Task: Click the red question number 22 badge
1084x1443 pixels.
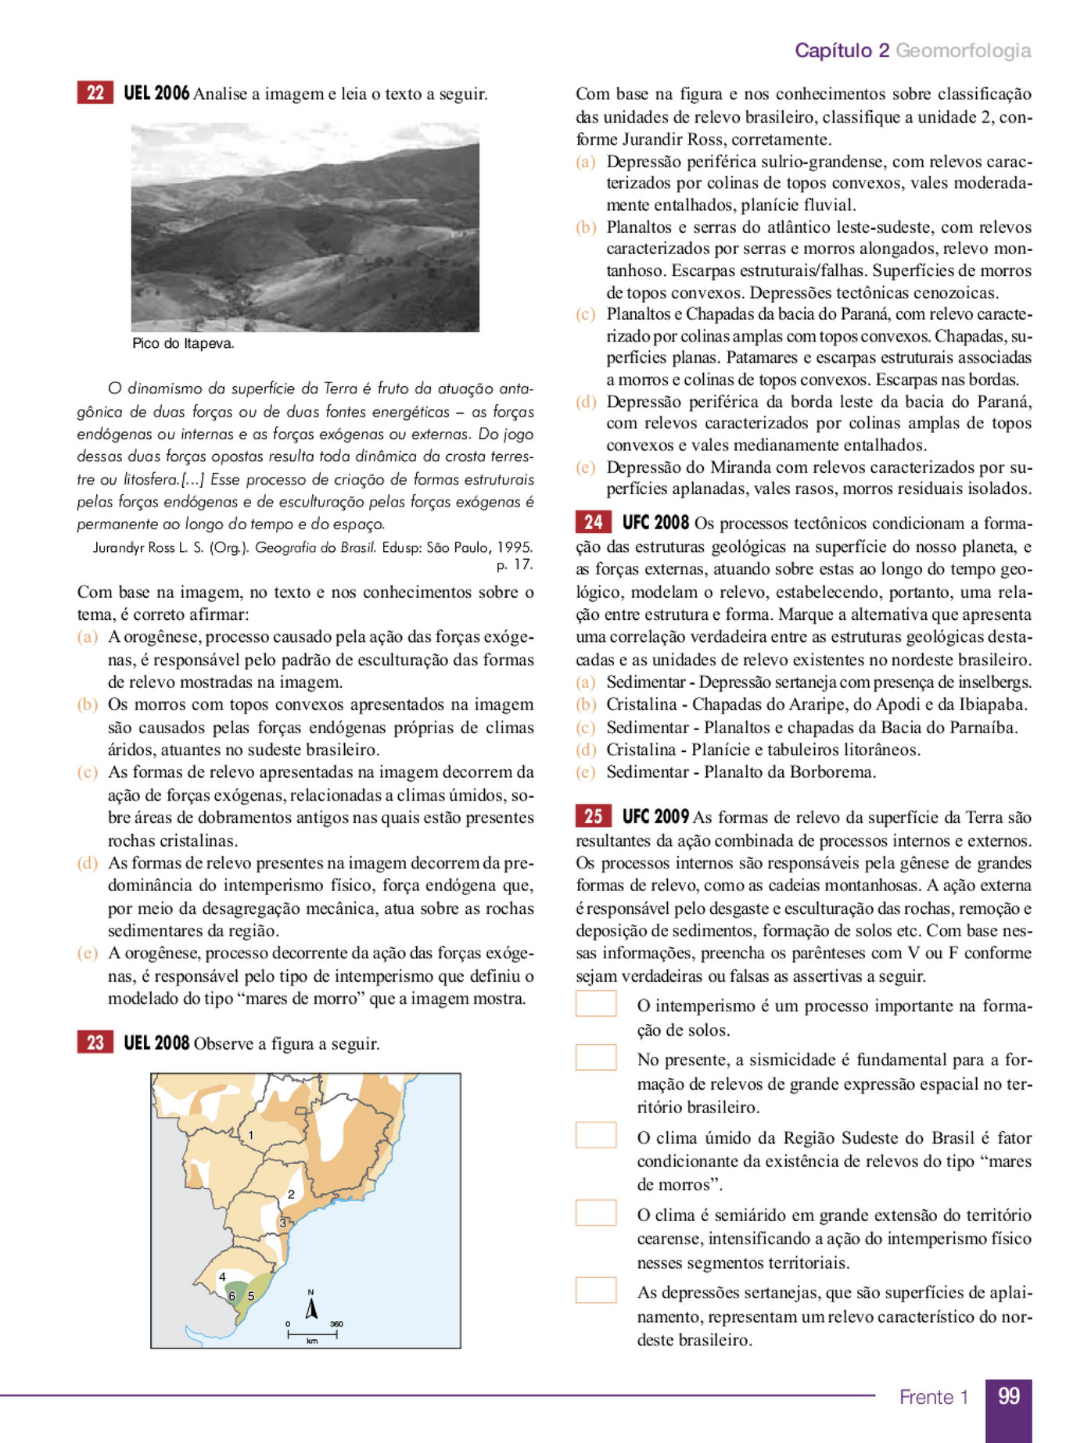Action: tap(95, 93)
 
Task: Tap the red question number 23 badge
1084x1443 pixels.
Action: tap(95, 1043)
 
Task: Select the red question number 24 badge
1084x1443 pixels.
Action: tap(593, 522)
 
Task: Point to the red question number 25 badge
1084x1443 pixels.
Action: tap(593, 816)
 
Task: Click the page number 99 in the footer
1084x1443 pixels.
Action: tap(1008, 1397)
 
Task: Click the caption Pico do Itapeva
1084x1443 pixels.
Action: tap(183, 344)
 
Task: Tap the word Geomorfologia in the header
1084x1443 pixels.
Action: tap(963, 51)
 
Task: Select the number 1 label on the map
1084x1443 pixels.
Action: tap(250, 1135)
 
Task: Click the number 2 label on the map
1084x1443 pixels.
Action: tap(291, 1194)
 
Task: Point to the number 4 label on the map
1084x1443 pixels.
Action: tap(222, 1276)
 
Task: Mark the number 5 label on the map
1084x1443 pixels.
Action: tap(251, 1295)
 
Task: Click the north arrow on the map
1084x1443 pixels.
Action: tap(311, 1307)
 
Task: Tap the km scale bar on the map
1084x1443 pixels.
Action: tap(312, 1334)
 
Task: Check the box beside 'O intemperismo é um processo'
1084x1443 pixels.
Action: tap(596, 1004)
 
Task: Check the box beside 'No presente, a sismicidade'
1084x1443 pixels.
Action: tap(596, 1058)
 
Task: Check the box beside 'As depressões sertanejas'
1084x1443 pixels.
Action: tap(596, 1291)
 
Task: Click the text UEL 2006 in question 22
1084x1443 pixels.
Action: tap(156, 94)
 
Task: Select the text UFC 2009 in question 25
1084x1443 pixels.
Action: tap(655, 817)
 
